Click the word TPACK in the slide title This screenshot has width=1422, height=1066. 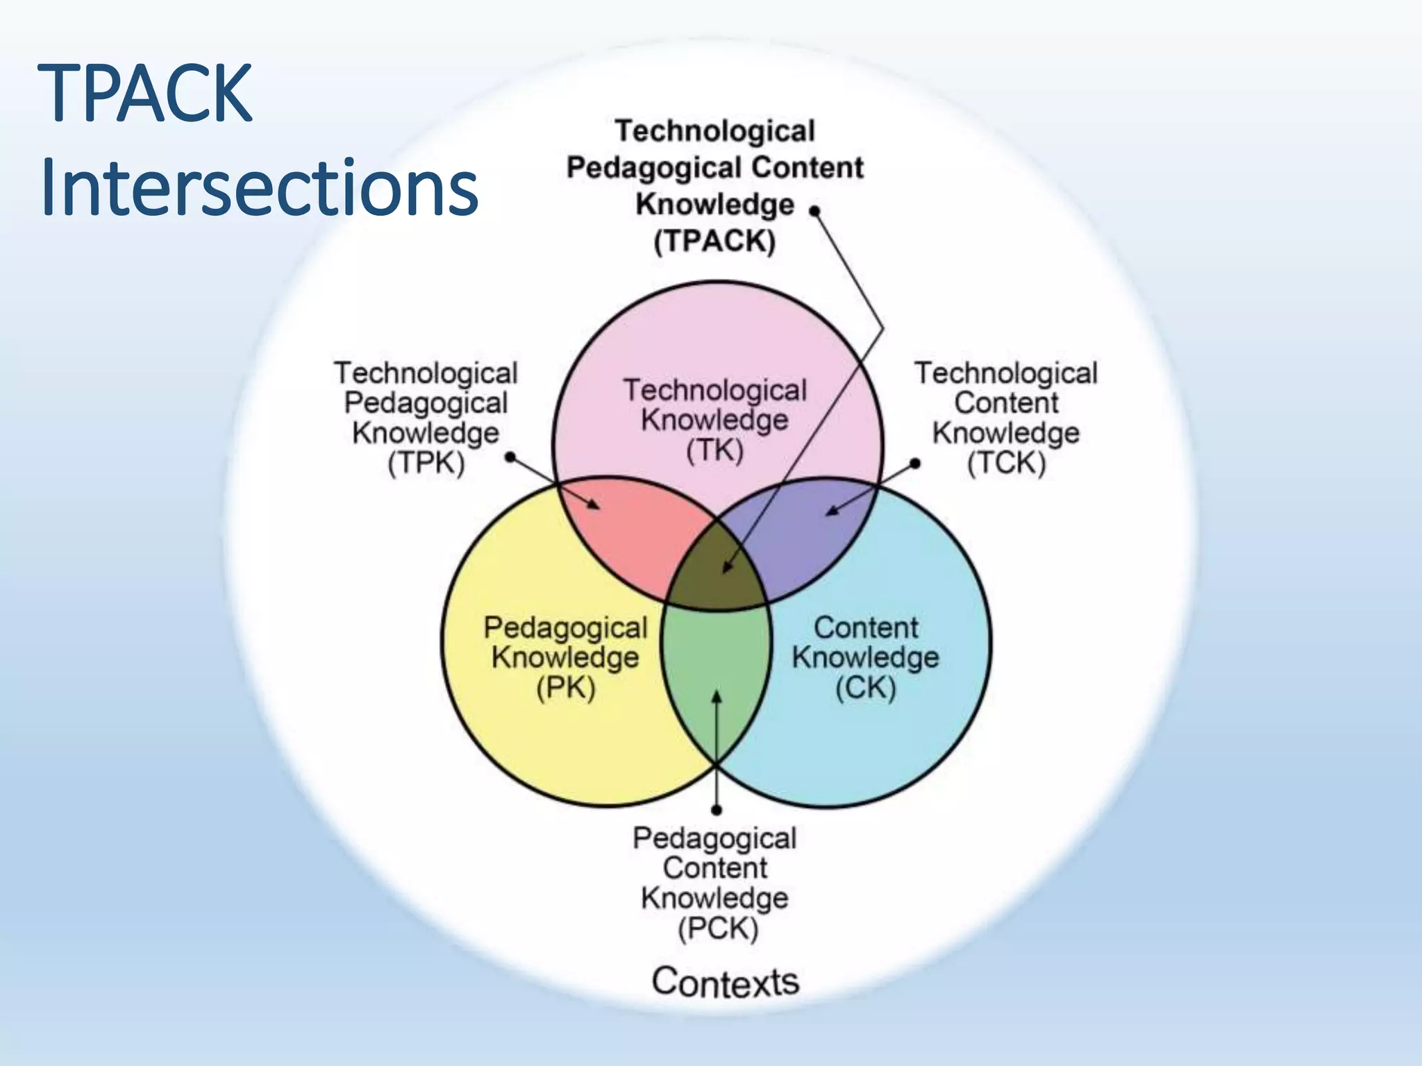[145, 93]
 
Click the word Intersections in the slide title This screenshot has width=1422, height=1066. [259, 188]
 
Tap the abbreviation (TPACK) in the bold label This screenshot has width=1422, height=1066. [714, 242]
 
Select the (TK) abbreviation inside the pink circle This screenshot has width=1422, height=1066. [714, 450]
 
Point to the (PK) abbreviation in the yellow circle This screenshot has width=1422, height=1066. [565, 688]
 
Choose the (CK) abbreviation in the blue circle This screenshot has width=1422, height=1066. [865, 688]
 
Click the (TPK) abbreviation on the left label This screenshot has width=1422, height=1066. [426, 463]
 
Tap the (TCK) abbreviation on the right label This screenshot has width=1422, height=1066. [1006, 463]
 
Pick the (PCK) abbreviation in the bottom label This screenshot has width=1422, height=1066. [717, 929]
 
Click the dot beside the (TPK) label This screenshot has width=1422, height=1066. [510, 457]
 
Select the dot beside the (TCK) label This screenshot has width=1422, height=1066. [915, 463]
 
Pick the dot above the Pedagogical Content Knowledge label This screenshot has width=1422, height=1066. [717, 809]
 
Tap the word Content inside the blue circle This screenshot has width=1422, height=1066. [865, 627]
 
